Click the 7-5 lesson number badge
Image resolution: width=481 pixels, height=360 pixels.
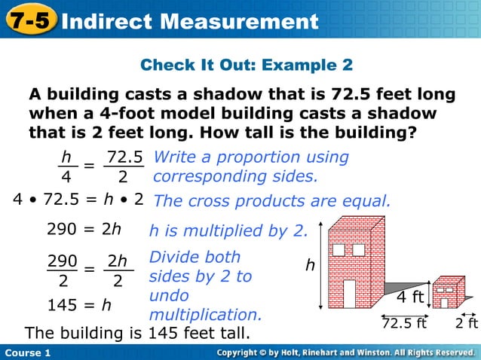pos(30,20)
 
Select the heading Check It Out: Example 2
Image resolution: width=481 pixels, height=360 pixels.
pos(247,66)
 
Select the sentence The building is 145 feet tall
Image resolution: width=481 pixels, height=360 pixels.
pos(137,333)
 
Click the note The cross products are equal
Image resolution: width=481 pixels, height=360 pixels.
pos(272,201)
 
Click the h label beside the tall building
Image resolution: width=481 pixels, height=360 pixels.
pos(309,265)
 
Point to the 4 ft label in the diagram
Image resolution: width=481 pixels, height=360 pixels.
pos(410,297)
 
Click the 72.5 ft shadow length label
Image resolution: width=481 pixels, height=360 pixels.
pos(404,324)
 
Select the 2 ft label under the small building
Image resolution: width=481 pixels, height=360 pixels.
pos(467,324)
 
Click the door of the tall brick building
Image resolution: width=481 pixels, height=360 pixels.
pos(349,294)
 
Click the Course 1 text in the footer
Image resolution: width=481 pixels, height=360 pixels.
pos(27,352)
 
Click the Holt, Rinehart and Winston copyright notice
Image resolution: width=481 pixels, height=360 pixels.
pos(345,352)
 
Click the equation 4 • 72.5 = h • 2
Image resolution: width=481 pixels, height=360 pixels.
pos(78,200)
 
